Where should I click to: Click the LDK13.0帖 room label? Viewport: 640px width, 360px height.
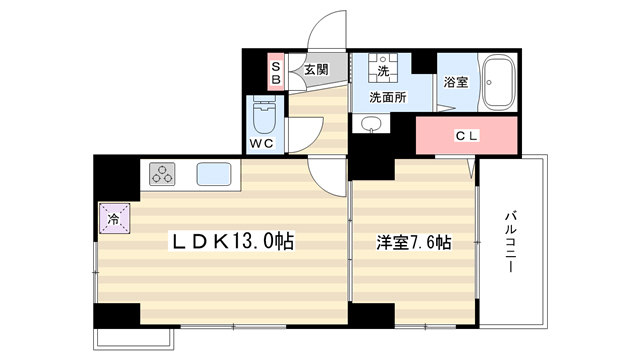[x=231, y=241]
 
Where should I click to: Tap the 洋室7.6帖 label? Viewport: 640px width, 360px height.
[x=414, y=242]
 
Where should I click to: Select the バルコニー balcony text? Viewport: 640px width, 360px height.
[x=510, y=241]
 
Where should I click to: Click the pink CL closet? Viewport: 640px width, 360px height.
[x=467, y=136]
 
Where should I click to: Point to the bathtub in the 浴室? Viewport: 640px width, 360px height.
[x=498, y=82]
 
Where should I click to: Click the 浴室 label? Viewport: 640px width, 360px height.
[x=456, y=82]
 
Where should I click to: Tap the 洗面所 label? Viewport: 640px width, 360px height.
[x=388, y=97]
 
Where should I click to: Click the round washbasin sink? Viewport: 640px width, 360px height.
[x=371, y=123]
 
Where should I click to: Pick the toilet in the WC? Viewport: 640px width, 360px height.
[x=264, y=114]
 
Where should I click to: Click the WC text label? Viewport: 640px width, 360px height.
[x=262, y=143]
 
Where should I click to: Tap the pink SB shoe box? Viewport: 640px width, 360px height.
[x=276, y=72]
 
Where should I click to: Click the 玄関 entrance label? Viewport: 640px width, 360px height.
[x=316, y=70]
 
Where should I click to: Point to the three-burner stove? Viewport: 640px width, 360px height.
[x=162, y=174]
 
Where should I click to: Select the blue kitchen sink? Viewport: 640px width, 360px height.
[x=214, y=174]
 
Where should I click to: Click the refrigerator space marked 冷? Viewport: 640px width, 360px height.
[x=115, y=218]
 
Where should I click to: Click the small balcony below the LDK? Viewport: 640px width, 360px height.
[x=134, y=338]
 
